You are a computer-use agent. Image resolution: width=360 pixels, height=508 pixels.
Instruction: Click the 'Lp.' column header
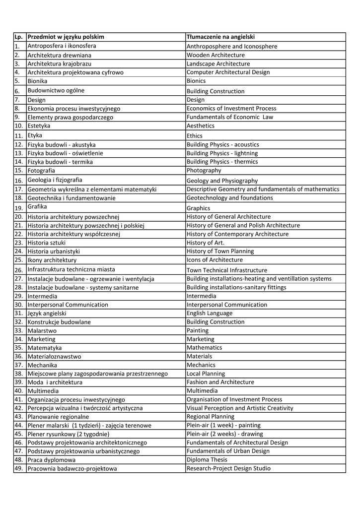tap(19, 37)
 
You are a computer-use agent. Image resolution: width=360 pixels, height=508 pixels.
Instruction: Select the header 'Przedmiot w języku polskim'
tap(66, 37)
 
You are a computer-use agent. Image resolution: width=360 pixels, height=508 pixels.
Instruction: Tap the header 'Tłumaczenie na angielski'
tap(220, 37)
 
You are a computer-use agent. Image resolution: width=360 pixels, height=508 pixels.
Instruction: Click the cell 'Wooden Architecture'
tap(216, 55)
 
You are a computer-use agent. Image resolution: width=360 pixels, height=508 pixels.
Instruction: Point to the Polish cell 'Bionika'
tap(38, 81)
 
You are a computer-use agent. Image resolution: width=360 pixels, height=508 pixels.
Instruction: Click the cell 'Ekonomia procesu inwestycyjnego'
tap(74, 109)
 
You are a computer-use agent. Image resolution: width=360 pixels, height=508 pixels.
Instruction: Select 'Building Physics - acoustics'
tap(222, 144)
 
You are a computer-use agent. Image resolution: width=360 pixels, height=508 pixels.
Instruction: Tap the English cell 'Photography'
tap(204, 170)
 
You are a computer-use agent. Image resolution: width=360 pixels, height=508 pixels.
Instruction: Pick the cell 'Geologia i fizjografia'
tap(55, 180)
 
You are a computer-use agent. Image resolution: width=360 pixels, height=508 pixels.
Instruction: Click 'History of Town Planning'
tap(220, 252)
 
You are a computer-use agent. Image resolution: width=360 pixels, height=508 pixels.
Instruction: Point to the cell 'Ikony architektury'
tap(52, 260)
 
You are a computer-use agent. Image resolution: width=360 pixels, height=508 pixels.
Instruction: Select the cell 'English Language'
tap(210, 314)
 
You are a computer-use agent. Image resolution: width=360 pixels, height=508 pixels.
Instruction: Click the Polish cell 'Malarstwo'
tap(42, 330)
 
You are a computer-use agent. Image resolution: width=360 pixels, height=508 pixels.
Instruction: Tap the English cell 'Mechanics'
tap(201, 365)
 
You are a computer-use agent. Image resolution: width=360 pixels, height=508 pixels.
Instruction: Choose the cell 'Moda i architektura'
tap(55, 382)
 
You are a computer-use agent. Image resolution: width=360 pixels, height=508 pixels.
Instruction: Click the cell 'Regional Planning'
tap(211, 417)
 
